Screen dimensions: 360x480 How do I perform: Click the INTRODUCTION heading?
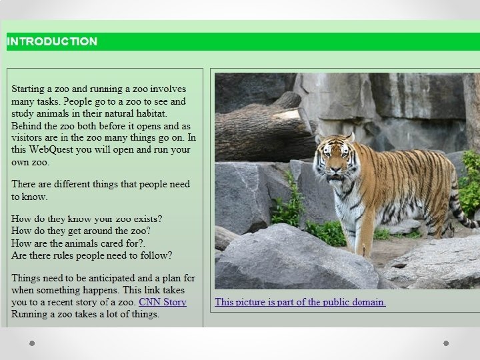pyautogui.click(x=52, y=41)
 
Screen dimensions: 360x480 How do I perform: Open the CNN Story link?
pyautogui.click(x=162, y=302)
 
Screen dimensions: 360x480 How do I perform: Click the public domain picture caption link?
pyautogui.click(x=300, y=302)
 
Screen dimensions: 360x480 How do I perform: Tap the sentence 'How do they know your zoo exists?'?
pyautogui.click(x=87, y=219)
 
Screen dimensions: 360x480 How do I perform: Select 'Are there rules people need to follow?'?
pyautogui.click(x=92, y=255)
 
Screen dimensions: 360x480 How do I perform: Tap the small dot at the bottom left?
pyautogui.click(x=31, y=343)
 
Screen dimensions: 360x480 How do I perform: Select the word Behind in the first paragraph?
pyautogui.click(x=27, y=125)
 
